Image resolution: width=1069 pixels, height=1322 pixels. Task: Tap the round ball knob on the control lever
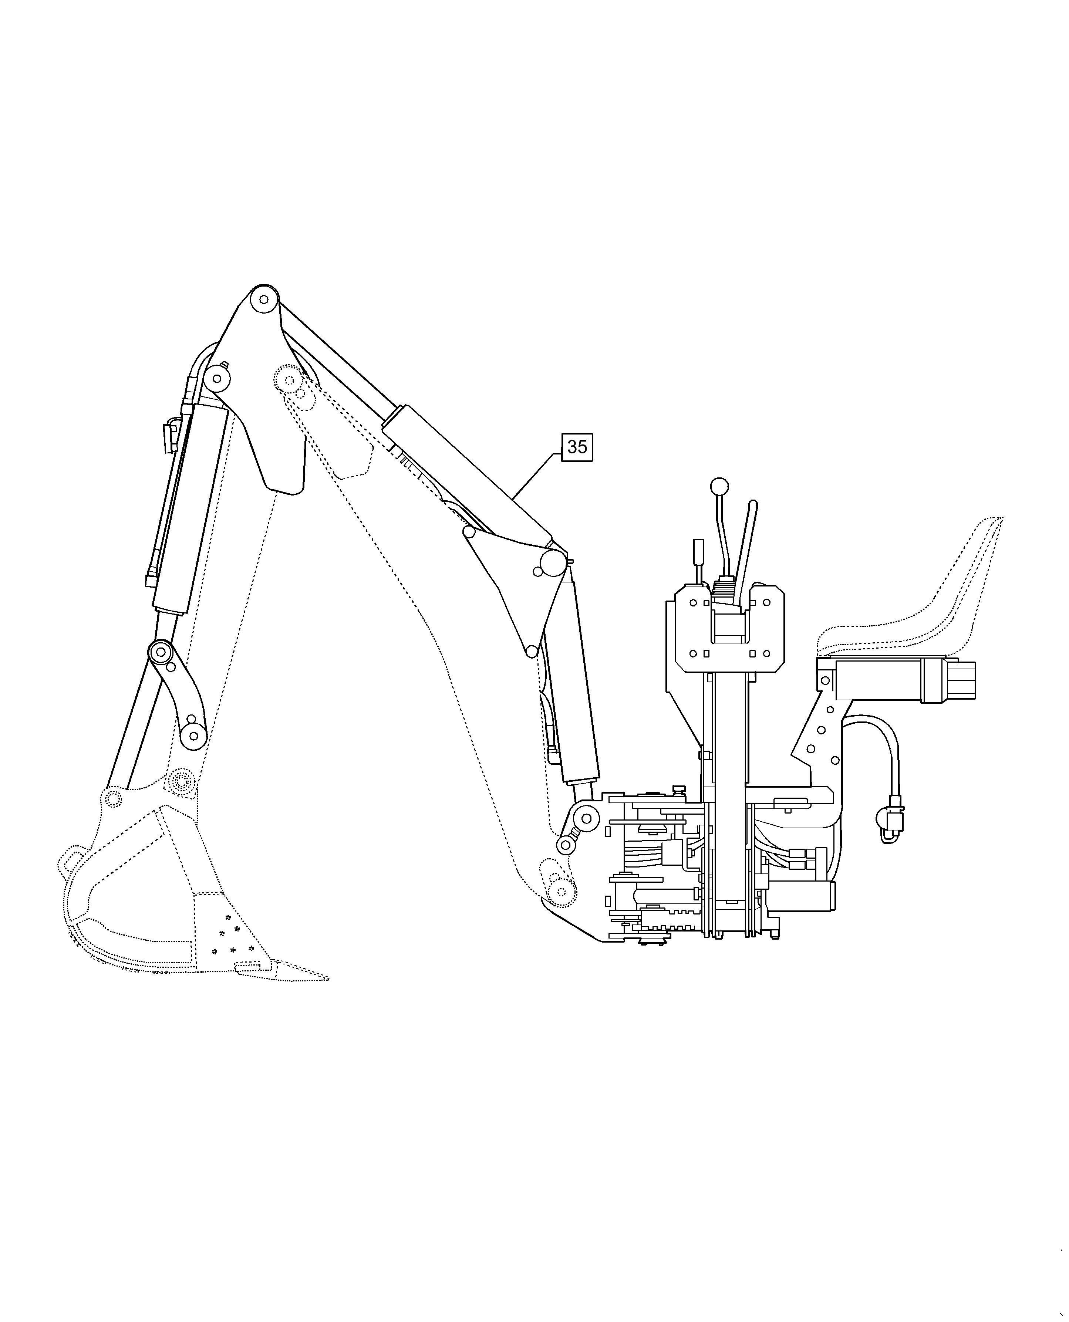pos(719,487)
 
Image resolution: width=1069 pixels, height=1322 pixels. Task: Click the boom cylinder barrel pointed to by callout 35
pos(468,471)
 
